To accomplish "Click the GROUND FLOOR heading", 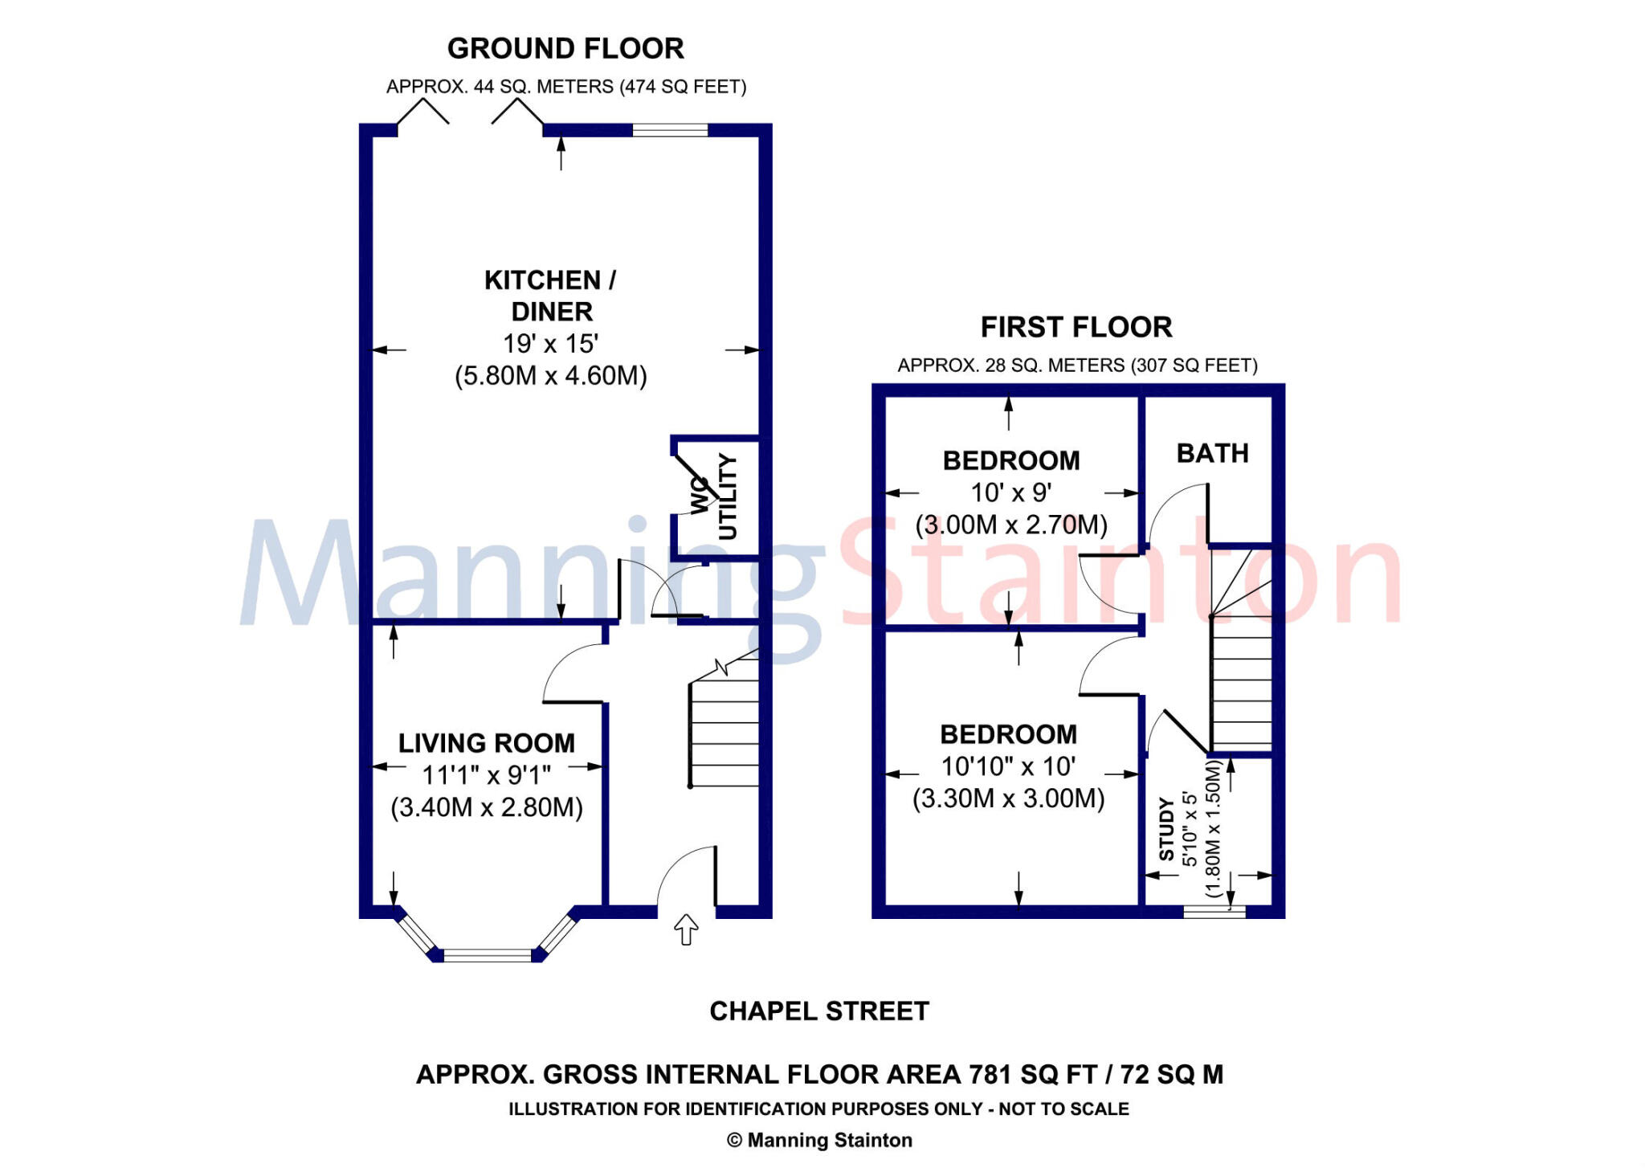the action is click(565, 49).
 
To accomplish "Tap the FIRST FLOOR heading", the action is click(1076, 328).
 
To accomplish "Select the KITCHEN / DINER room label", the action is click(551, 296).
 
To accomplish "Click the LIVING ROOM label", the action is click(487, 743).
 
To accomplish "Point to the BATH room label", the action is click(1213, 454).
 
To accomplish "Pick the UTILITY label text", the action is click(727, 497).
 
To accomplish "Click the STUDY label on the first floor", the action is click(1166, 829).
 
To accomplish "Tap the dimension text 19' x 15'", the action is click(551, 344).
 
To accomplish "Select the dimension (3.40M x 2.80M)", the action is click(487, 807).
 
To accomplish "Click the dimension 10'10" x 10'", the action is click(1008, 766).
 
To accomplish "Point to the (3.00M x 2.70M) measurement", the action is click(1011, 525).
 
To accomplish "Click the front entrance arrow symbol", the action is click(685, 929).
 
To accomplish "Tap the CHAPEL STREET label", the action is click(819, 1011).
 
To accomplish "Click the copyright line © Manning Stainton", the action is click(819, 1141).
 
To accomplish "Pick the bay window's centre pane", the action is click(488, 955).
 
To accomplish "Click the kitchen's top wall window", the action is click(670, 130).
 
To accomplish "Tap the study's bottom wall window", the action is click(1214, 912).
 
